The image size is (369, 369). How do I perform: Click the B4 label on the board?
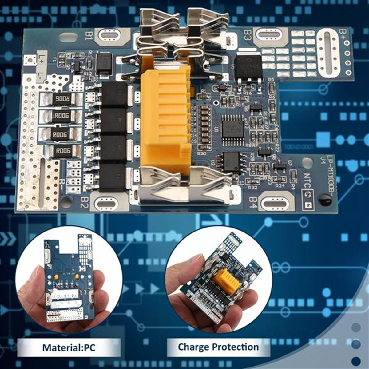click(x=253, y=202)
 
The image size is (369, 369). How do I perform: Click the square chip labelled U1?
click(x=233, y=126)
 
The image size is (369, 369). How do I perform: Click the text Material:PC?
click(x=69, y=348)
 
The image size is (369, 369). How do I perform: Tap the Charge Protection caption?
click(x=218, y=347)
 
